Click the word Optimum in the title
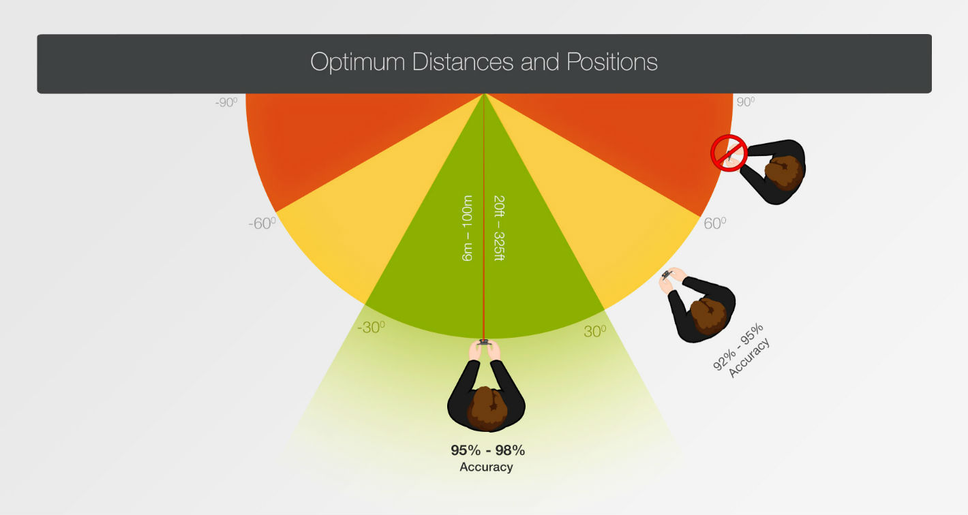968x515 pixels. [x=358, y=62]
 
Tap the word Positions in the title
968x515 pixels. [x=612, y=61]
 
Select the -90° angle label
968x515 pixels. [x=226, y=103]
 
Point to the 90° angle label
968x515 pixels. [x=746, y=102]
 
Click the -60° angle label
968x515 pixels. [x=262, y=223]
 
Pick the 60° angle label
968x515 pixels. [x=715, y=223]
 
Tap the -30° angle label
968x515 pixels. [x=371, y=328]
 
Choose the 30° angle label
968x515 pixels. [x=594, y=332]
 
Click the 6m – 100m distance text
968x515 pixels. [x=467, y=228]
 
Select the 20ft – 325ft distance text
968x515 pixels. [x=499, y=228]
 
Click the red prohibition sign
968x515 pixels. [x=729, y=153]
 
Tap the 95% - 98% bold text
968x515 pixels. [x=487, y=450]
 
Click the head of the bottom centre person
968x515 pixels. [x=487, y=408]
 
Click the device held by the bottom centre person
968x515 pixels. [x=483, y=343]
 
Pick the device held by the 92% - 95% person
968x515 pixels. [x=666, y=275]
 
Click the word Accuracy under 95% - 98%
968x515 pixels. [x=486, y=467]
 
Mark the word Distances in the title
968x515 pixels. [x=462, y=61]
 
